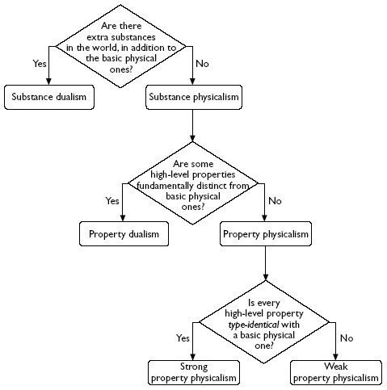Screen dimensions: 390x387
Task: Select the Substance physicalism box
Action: (191, 98)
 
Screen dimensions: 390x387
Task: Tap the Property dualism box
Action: (124, 234)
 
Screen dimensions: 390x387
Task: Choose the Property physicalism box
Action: (265, 234)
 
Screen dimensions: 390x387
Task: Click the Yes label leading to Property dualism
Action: (111, 200)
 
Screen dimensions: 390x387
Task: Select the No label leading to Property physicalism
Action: (275, 200)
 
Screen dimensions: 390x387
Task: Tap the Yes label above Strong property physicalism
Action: (184, 338)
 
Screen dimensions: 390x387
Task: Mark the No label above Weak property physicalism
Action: (347, 338)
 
